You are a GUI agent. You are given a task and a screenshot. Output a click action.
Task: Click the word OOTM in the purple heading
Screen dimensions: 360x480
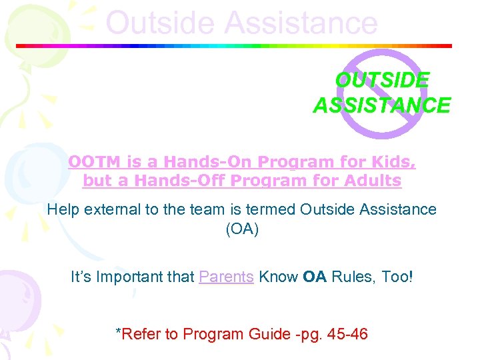(89, 162)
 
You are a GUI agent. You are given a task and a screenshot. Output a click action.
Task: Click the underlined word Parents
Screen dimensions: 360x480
(226, 276)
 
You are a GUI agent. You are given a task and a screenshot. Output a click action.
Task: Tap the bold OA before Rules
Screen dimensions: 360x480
(314, 276)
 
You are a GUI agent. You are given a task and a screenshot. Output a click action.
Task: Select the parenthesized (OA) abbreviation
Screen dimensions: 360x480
(241, 229)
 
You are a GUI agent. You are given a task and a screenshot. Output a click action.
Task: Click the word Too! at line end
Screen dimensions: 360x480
(397, 276)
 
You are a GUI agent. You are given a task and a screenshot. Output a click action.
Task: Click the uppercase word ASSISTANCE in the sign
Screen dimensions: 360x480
(381, 105)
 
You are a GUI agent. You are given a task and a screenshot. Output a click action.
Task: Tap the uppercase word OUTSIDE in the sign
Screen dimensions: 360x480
(381, 81)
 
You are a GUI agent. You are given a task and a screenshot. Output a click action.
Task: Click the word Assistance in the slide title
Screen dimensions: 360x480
(301, 23)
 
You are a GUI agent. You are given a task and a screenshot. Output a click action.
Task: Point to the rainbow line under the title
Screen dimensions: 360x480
(233, 46)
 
